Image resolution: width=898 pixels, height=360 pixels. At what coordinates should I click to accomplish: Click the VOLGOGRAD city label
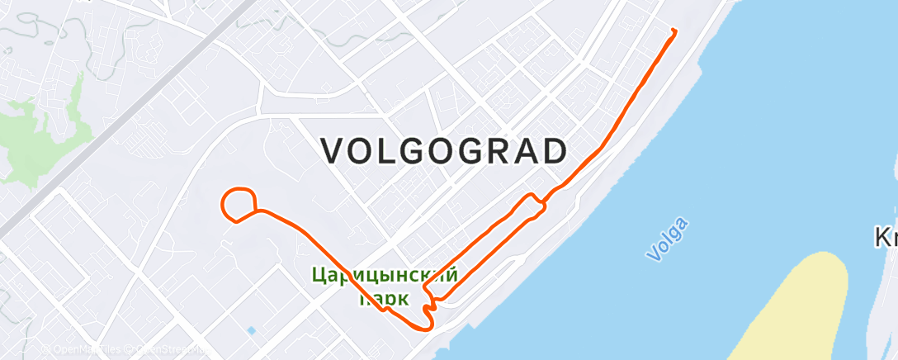tap(444, 151)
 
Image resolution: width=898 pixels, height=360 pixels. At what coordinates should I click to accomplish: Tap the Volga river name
tap(668, 240)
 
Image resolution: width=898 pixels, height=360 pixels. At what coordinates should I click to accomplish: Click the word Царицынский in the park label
tap(385, 275)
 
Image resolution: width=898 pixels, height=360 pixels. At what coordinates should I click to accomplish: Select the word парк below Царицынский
tap(385, 297)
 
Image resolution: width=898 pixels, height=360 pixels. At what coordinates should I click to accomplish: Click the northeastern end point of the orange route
tap(675, 31)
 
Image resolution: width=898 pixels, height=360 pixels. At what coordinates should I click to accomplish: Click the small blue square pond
tap(251, 331)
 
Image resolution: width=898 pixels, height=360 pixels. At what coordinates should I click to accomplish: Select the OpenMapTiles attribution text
tap(83, 350)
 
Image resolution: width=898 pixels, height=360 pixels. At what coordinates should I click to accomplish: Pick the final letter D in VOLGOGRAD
tap(555, 151)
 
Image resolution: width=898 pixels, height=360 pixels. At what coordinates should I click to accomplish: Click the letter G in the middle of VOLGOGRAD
tap(417, 151)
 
